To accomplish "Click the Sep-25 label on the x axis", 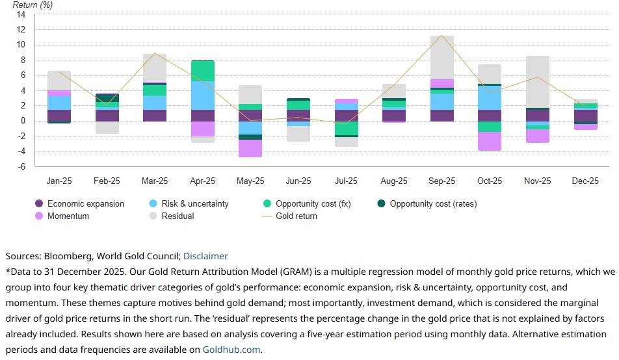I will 441,181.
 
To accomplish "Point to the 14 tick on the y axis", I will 21,14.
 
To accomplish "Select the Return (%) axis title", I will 33,5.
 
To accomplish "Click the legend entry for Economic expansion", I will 85,203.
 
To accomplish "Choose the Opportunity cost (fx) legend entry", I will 313,203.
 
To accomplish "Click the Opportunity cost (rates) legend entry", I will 433,203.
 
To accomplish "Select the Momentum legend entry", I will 68,216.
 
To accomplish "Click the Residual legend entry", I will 178,216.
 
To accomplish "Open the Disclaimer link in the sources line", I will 205,256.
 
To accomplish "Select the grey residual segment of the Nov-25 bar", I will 538,82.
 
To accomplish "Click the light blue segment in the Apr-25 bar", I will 203,96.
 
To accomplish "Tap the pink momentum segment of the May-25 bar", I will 250,148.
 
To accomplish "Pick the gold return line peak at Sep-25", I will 441,36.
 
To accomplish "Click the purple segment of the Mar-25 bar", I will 155,115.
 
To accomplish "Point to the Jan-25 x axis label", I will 59,181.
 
